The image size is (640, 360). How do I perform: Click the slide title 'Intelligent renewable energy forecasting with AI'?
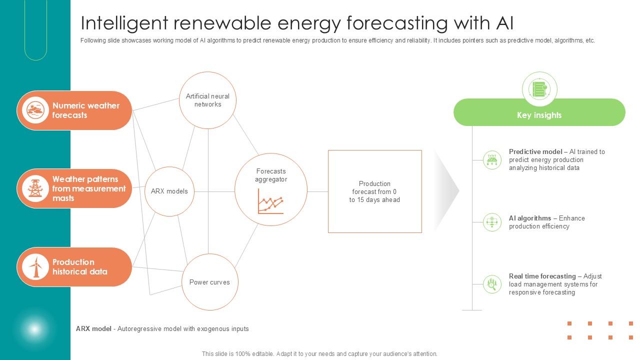coord(297,23)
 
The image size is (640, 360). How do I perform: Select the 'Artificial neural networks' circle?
coord(207,100)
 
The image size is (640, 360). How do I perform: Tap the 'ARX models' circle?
coord(169,191)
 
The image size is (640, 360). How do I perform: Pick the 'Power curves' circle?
coord(209,282)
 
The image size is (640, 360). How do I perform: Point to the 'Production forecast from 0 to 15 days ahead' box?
coord(374,191)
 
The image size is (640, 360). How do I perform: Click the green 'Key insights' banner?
coord(539,115)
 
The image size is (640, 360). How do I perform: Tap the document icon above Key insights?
coord(539,89)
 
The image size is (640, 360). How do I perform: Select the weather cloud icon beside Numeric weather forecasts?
coord(35,110)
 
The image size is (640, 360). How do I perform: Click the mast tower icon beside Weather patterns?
coord(35,188)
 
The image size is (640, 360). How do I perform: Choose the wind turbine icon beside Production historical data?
coord(35,267)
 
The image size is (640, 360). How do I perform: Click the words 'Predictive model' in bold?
coord(535,152)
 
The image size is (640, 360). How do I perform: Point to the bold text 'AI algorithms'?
coord(529,218)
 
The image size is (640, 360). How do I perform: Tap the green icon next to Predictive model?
coord(492,160)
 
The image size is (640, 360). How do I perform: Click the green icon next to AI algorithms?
coord(492,222)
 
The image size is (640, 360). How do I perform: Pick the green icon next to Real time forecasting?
coord(492,284)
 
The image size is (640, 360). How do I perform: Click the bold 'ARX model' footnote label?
coord(93,329)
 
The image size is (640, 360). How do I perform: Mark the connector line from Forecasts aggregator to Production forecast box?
coord(317,191)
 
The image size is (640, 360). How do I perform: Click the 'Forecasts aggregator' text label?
coord(270,175)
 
